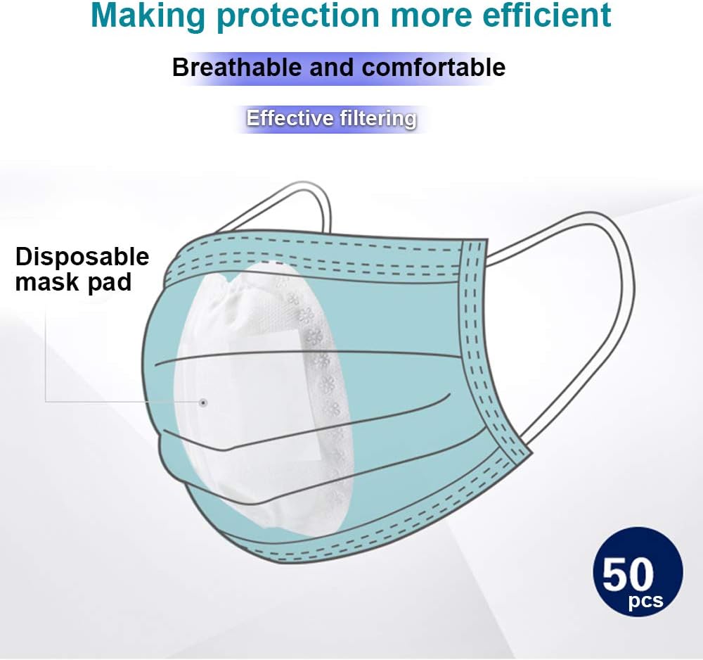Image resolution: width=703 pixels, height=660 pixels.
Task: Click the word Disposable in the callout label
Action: pos(82,258)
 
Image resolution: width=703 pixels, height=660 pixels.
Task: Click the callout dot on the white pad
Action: pos(203,402)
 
